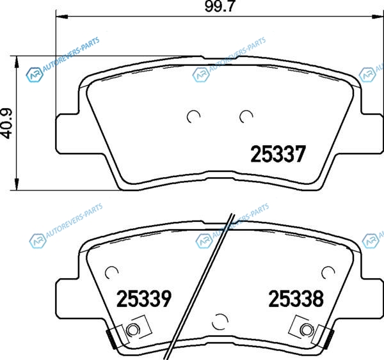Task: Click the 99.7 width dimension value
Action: pos(220,6)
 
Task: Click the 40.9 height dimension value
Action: pos(7,123)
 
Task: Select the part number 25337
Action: pos(278,154)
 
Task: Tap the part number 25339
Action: pos(144,299)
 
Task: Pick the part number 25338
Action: pos(296,299)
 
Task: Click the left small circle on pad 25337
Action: pos(193,116)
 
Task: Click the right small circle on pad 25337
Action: pos(246,116)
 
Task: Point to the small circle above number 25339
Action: pos(111,272)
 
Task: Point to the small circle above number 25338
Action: pos(328,272)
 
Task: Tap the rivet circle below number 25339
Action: pos(132,330)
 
